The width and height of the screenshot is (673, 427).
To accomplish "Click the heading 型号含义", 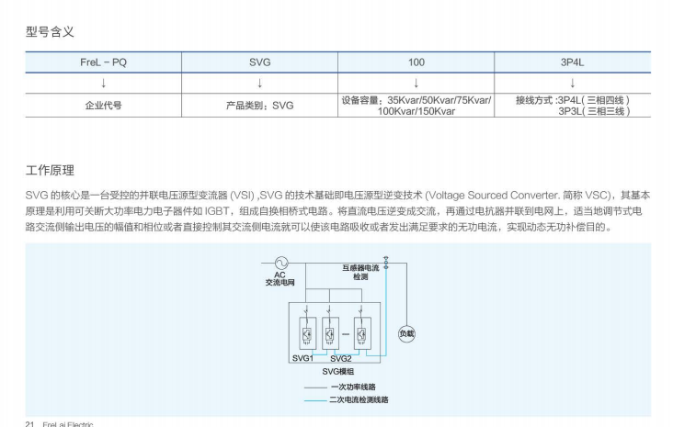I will pos(50,32).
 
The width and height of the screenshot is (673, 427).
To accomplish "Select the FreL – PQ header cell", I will pos(103,62).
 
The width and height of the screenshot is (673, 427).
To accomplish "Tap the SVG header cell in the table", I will pos(260,62).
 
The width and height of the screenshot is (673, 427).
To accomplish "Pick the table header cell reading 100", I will pos(416,62).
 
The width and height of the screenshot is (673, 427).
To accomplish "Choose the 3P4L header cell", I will pos(573,62).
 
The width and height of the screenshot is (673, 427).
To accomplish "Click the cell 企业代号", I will pos(103,106).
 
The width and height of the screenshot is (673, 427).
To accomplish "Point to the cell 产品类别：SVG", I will pos(260,106).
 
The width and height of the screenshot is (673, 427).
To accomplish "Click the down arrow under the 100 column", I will pos(416,84).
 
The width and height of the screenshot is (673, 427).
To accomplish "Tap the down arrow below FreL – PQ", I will pos(103,84).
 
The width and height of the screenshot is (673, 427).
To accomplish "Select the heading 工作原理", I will pos(50,171).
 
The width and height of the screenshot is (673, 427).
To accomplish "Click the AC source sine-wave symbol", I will pos(281,264).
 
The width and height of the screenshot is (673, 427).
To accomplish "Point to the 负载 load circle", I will pos(406,334).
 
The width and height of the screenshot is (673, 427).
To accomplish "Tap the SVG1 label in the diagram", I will pos(302,357).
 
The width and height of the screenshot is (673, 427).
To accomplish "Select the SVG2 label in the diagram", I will pos(340,357).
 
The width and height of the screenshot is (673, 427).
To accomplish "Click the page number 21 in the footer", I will pos(29,424).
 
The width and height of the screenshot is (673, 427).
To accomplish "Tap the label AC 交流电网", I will pos(279,279).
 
